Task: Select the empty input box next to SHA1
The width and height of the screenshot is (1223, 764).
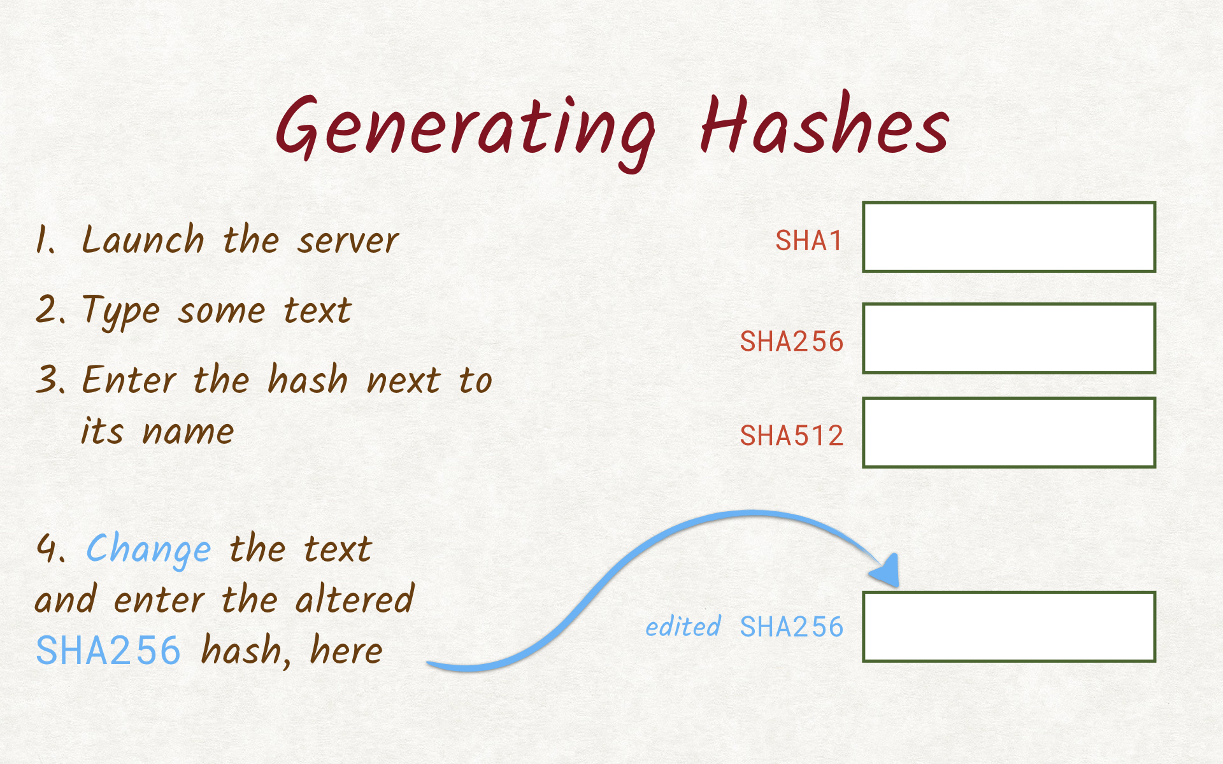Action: coord(1009,237)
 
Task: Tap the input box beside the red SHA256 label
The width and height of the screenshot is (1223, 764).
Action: coord(1009,338)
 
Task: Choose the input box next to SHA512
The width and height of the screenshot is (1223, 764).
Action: coord(1009,433)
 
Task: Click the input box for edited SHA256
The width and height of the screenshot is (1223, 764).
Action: coord(1009,627)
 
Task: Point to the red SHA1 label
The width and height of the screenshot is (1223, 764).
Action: coord(809,241)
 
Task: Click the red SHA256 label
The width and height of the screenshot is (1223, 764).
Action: coord(792,342)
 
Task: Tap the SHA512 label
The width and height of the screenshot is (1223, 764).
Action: coord(792,436)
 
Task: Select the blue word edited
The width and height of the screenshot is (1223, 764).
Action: coord(683,626)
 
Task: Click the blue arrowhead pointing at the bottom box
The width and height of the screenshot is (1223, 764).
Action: coord(886,571)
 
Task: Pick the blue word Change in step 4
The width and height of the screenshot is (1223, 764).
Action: coord(148,550)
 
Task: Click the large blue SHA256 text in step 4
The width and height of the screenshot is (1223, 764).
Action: coord(108,650)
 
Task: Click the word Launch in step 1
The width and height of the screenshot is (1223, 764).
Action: coord(143,239)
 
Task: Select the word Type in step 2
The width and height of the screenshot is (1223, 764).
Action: coord(121,313)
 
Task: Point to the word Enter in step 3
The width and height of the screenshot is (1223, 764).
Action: coord(130,379)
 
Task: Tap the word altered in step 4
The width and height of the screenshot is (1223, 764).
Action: coord(355,598)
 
